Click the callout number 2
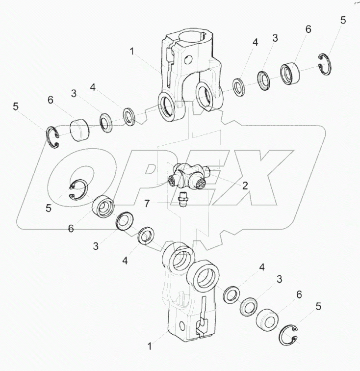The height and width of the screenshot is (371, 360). pos(245,185)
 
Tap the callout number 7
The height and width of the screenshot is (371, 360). pos(147,204)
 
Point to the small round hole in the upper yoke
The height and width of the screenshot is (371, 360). pos(189,60)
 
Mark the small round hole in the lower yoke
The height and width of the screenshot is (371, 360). pos(182,326)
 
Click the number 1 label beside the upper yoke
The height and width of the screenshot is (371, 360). pos(132,51)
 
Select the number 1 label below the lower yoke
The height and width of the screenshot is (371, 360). pos(150,346)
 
